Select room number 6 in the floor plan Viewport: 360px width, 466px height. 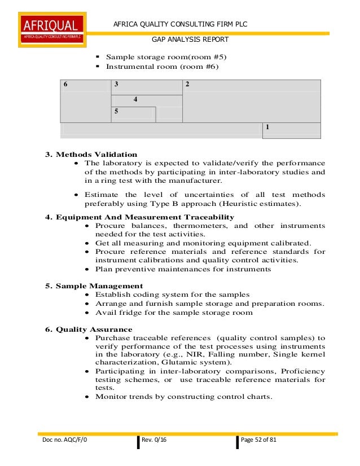point(65,84)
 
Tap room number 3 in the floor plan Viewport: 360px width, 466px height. point(116,84)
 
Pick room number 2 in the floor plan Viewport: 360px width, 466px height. point(187,84)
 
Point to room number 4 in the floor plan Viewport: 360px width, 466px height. point(135,99)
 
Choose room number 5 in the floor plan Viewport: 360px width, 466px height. point(116,111)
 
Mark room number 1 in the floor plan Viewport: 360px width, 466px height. point(267,127)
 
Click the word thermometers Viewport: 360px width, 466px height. point(197,226)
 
